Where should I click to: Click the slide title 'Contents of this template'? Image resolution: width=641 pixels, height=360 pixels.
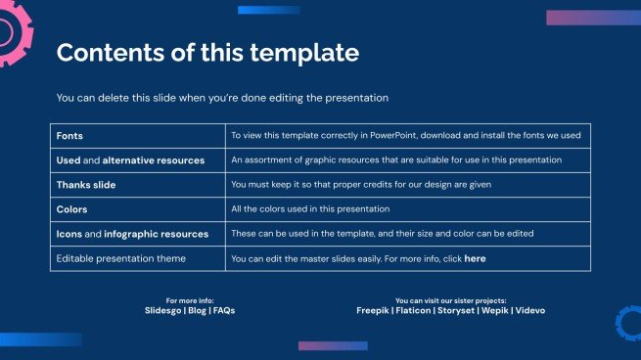tap(207, 53)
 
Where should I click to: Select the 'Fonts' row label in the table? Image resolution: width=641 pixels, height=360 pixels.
tap(70, 136)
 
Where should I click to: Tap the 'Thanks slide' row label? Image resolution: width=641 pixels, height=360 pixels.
tap(85, 184)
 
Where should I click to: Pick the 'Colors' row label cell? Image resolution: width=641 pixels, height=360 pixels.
tap(72, 209)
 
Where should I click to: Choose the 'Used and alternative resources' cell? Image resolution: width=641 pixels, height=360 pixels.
tap(130, 159)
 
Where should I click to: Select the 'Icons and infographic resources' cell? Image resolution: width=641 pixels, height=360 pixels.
tap(132, 234)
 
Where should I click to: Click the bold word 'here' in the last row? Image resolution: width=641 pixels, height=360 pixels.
tap(475, 258)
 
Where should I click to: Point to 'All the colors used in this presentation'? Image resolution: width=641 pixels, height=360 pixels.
tap(310, 209)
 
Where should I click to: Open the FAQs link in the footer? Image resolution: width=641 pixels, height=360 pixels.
tap(224, 310)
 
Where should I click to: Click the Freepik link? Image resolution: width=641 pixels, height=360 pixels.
tap(375, 310)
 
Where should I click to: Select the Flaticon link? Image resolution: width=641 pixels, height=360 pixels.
tap(417, 310)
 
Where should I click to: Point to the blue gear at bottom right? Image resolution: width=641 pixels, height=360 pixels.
tap(628, 323)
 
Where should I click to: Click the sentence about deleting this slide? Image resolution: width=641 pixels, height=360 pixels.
tap(223, 98)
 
